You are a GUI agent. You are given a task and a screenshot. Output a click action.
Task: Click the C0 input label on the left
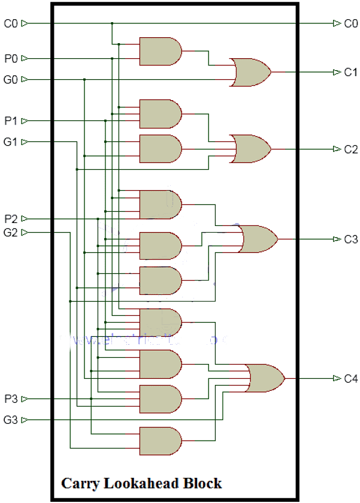pyautogui.click(x=11, y=23)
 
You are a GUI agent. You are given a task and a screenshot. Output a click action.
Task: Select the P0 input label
pyautogui.click(x=11, y=58)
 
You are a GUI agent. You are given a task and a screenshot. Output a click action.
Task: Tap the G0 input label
pyautogui.click(x=11, y=79)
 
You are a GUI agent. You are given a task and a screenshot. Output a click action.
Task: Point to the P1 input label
pyautogui.click(x=11, y=121)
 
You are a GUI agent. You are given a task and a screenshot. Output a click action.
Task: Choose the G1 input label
pyautogui.click(x=11, y=142)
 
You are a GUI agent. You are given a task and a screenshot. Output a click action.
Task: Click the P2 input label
pyautogui.click(x=11, y=219)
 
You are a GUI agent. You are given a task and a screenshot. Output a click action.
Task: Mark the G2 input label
pyautogui.click(x=11, y=233)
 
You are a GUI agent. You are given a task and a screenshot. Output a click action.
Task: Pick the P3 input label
pyautogui.click(x=11, y=399)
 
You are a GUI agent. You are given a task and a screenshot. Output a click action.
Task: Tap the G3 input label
pyautogui.click(x=11, y=420)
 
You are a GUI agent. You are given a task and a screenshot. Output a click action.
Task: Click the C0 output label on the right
pyautogui.click(x=350, y=23)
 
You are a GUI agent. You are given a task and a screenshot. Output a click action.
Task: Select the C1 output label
pyautogui.click(x=350, y=72)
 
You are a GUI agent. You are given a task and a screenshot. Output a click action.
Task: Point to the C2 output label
pyautogui.click(x=350, y=149)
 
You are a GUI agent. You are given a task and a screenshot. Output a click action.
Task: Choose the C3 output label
pyautogui.click(x=350, y=239)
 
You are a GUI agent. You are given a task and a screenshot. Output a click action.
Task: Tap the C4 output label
pyautogui.click(x=350, y=378)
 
